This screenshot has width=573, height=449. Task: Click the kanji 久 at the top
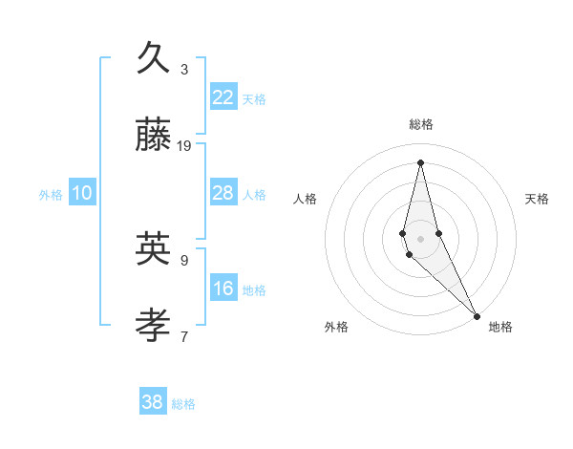coord(154,58)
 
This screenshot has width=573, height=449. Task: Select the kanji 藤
coord(154,135)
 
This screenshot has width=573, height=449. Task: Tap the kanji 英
coord(154,249)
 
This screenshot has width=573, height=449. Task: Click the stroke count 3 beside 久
coord(184,69)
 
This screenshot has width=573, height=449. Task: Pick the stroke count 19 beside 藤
coord(184,145)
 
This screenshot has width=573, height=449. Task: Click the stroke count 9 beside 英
coord(184,260)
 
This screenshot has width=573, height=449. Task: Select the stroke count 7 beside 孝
coord(184,336)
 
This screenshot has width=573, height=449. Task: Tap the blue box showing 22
coord(223,97)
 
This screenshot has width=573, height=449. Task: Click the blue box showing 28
coord(223,193)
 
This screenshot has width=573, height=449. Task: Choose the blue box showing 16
coord(223,289)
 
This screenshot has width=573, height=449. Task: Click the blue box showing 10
coord(82,193)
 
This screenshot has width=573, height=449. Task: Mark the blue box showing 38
coord(153,402)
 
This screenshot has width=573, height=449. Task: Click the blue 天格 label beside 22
coord(254,99)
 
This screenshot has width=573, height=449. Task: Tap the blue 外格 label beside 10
coord(51,195)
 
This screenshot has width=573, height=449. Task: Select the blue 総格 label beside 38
coord(183,404)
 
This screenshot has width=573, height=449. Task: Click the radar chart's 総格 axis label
coord(421,124)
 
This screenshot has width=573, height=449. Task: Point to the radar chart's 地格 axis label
coord(500,327)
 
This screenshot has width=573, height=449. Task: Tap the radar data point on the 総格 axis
coord(420,161)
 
